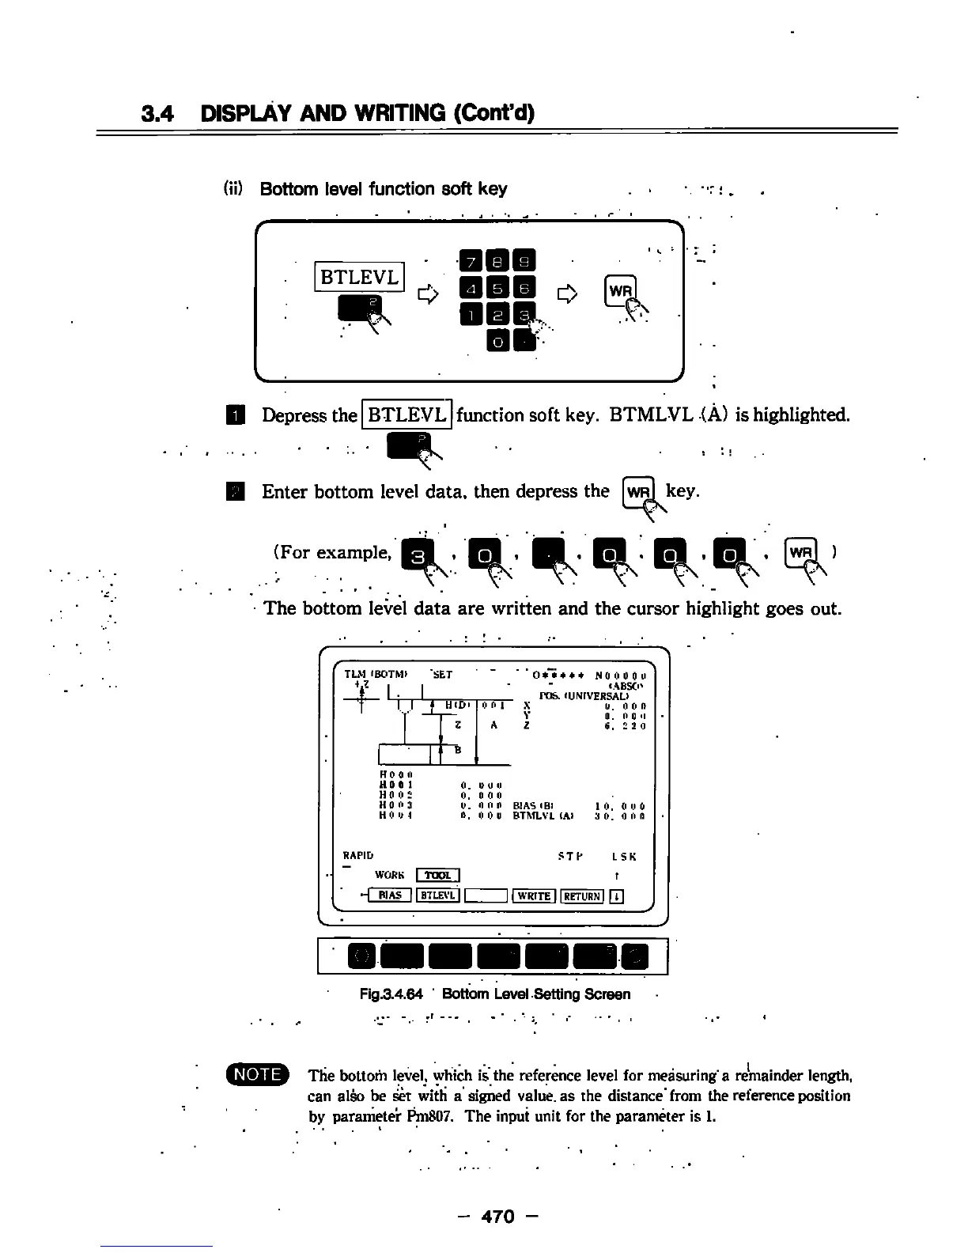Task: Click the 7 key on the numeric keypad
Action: click(x=471, y=259)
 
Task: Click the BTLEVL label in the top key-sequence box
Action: click(x=360, y=276)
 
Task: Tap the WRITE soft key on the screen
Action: click(x=534, y=895)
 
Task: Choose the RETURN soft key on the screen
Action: click(x=583, y=895)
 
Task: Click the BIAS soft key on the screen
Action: click(x=389, y=895)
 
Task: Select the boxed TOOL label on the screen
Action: click(x=437, y=875)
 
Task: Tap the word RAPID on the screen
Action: click(x=357, y=855)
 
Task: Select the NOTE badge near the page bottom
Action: click(x=259, y=1074)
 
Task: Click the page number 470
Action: click(x=497, y=1217)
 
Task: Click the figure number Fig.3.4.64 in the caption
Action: click(x=391, y=994)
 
